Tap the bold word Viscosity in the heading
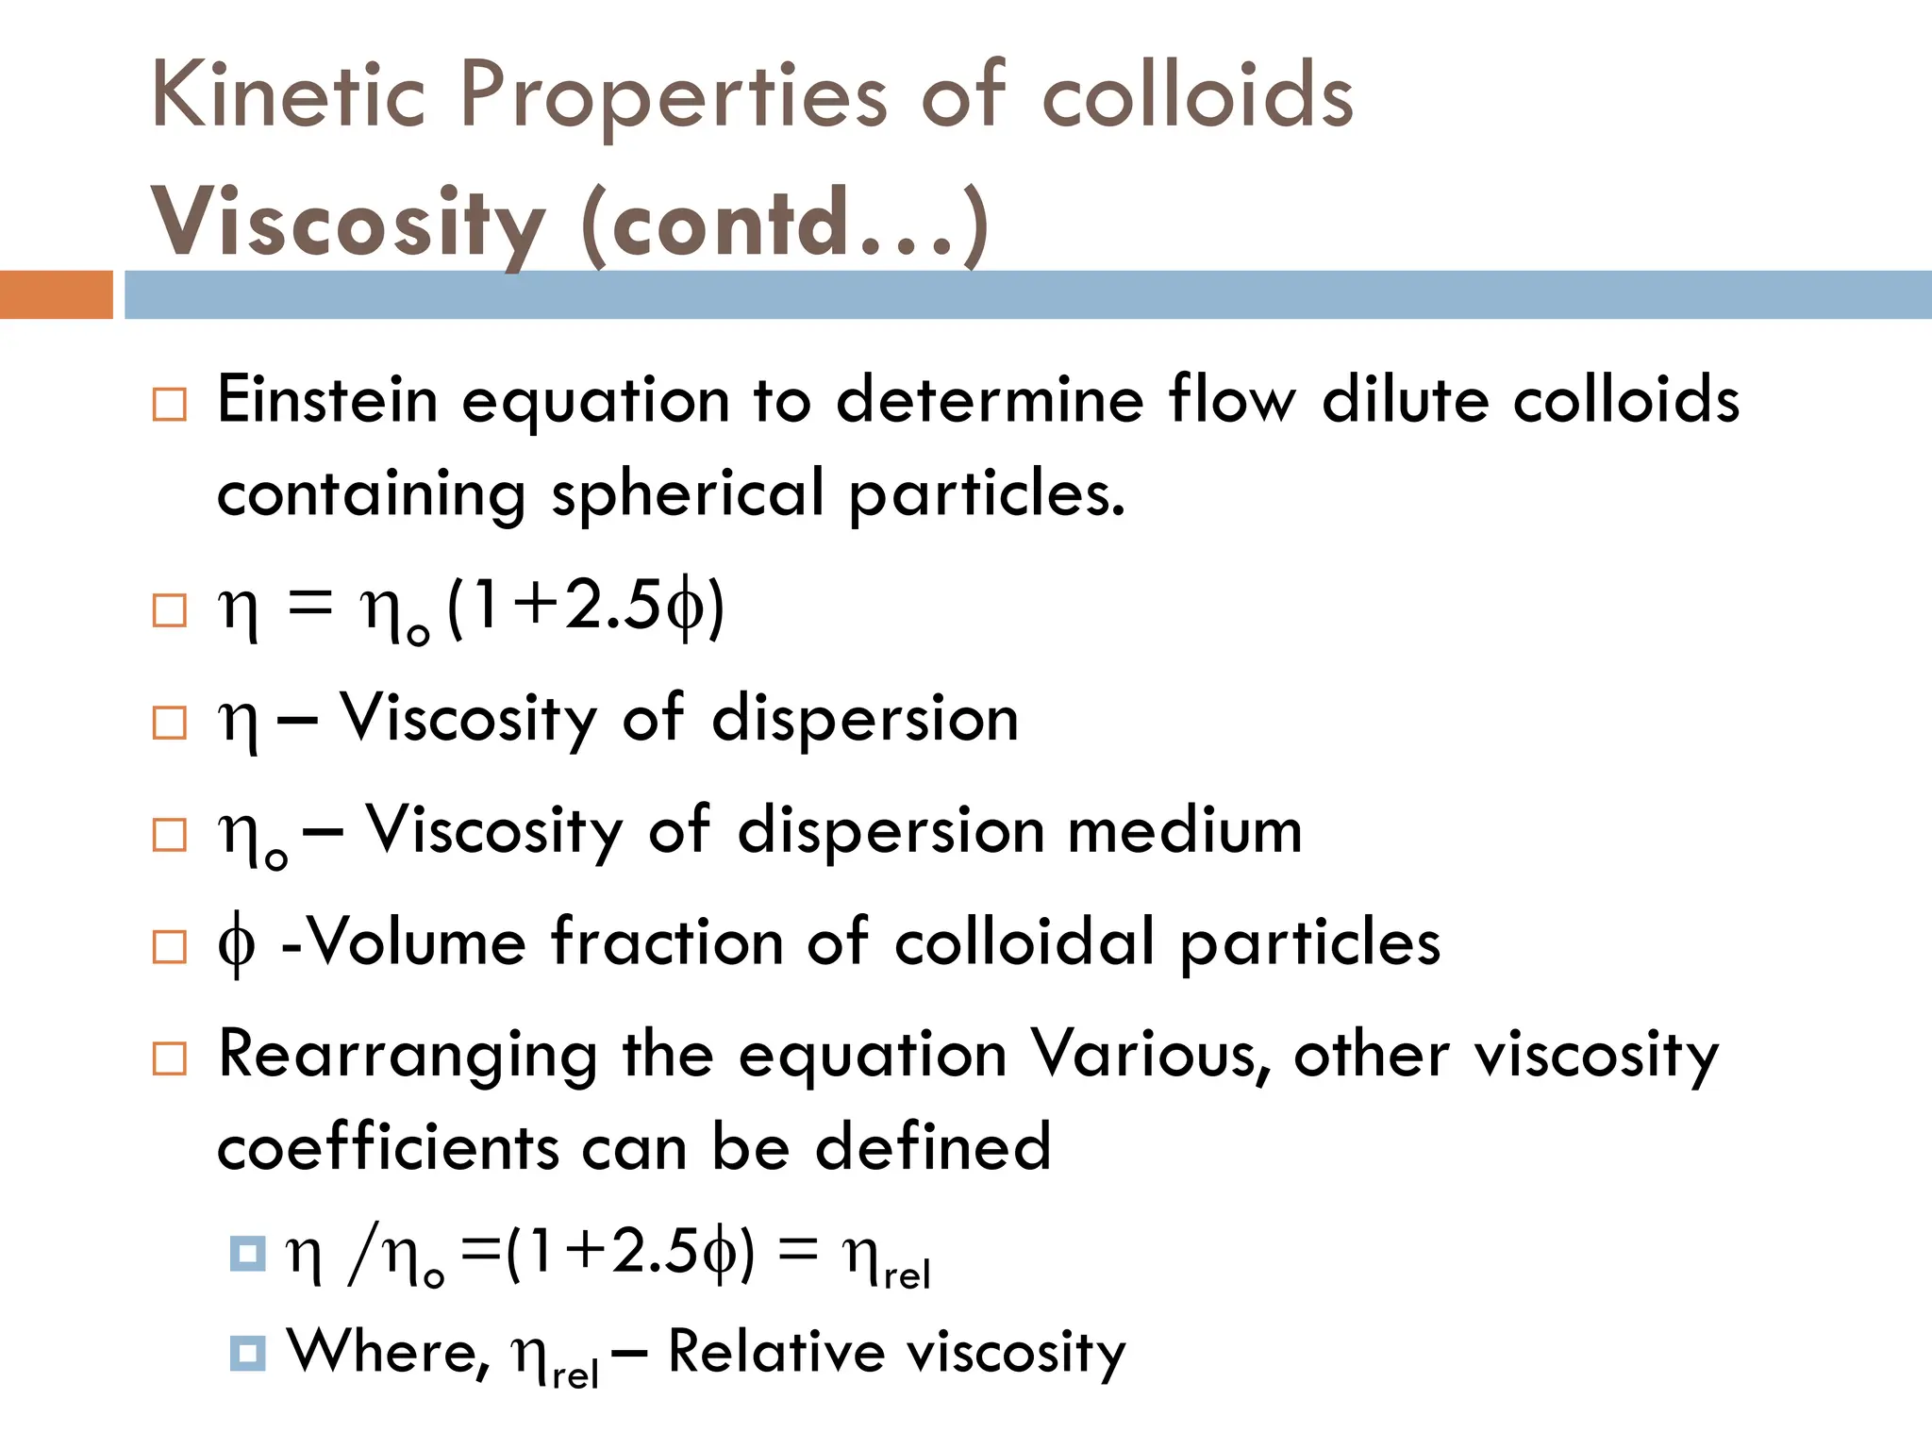coord(348,224)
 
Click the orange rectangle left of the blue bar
coord(56,294)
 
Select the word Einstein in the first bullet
coord(327,399)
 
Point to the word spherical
coord(688,493)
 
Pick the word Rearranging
coord(408,1056)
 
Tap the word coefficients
coord(389,1148)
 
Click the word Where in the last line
coord(388,1352)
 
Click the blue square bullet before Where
coord(247,1353)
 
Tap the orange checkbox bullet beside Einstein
coord(170,405)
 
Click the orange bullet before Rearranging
coord(170,1058)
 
